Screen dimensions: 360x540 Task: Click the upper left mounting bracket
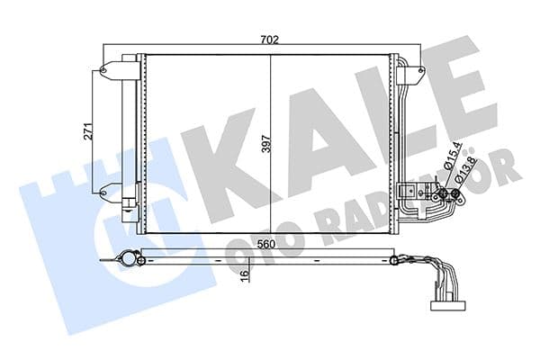click(113, 68)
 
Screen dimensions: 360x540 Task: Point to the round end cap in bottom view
click(138, 261)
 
